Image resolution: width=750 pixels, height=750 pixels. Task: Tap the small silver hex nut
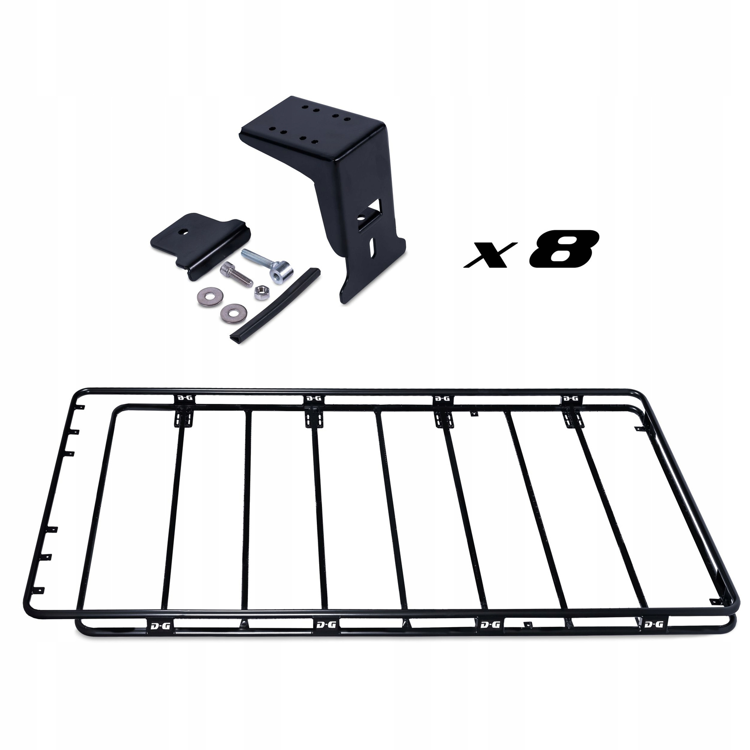[260, 292]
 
